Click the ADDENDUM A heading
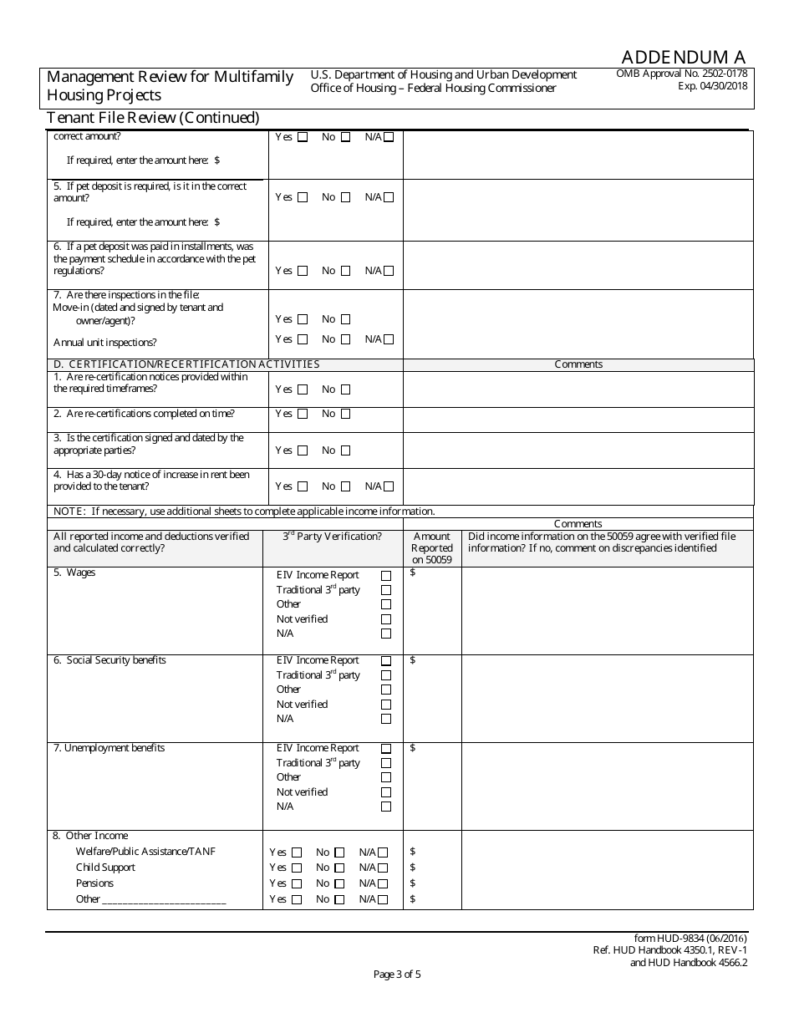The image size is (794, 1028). coord(683,57)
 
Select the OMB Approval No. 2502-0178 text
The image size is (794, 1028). coord(681,74)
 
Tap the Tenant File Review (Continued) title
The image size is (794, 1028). coord(153,118)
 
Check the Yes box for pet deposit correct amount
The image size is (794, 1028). coord(303,198)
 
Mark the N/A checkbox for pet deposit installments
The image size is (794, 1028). coord(389,271)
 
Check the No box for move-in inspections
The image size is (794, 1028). coord(345,319)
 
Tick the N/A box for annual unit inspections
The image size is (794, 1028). coord(389,339)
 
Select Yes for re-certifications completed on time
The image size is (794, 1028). coord(303,415)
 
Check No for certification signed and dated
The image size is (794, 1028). coord(345,450)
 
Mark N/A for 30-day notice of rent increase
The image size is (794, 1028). coord(389,486)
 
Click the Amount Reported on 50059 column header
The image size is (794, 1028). coord(432,548)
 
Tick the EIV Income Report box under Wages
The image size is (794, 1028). coord(386,576)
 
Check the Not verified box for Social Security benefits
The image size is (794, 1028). coord(386,705)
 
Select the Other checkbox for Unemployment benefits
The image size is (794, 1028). coord(386,777)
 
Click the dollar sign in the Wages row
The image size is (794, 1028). coord(413,573)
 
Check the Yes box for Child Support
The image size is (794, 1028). coord(297,868)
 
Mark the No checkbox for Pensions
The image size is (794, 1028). coord(339,884)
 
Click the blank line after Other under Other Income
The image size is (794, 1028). coord(164,900)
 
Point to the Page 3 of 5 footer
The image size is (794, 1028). coord(397,974)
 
